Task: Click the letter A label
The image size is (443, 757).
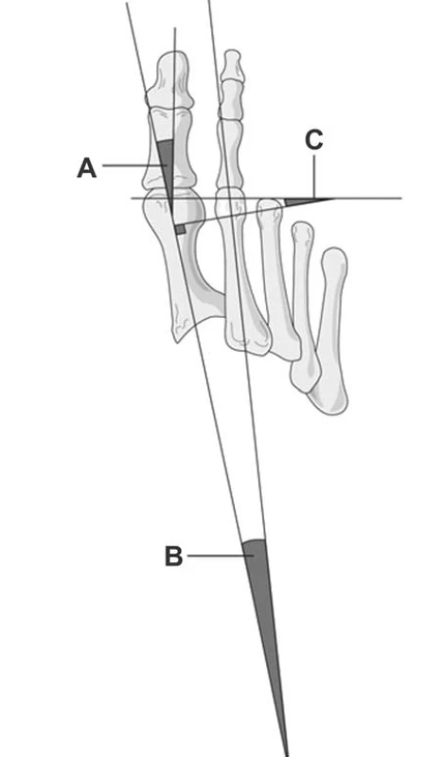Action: pyautogui.click(x=87, y=169)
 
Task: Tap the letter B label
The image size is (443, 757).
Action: pyautogui.click(x=174, y=555)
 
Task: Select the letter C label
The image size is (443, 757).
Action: pyautogui.click(x=314, y=140)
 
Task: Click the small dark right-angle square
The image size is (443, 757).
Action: pyautogui.click(x=180, y=229)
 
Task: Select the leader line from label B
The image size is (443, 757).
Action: pyautogui.click(x=221, y=555)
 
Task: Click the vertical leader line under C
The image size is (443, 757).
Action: pyautogui.click(x=314, y=176)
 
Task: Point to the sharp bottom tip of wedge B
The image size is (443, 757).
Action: pyautogui.click(x=288, y=755)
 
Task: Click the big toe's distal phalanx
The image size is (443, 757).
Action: pyautogui.click(x=169, y=79)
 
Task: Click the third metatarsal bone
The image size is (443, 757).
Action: pyautogui.click(x=280, y=280)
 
